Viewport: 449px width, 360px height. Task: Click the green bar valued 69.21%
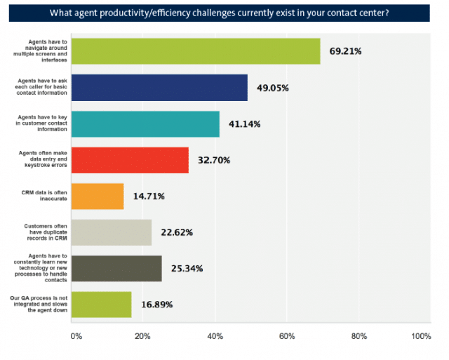(x=196, y=51)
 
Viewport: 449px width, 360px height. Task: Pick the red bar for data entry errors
(x=130, y=160)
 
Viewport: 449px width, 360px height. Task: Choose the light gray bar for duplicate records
(x=112, y=232)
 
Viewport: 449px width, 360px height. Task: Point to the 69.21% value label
(x=347, y=51)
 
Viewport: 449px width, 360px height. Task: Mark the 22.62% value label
(x=178, y=232)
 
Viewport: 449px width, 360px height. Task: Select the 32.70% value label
(x=215, y=160)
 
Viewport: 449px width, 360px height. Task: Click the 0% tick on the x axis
(x=76, y=336)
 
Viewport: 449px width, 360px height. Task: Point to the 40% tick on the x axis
(x=215, y=336)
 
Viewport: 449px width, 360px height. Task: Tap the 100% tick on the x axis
(x=421, y=336)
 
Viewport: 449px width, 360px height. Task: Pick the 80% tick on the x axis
(x=358, y=336)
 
